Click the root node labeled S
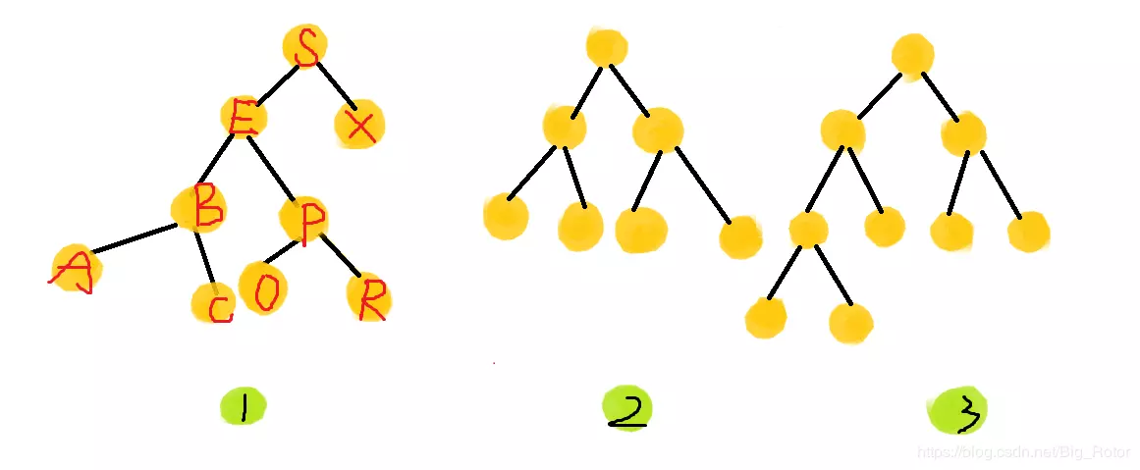pyautogui.click(x=305, y=47)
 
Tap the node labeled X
pyautogui.click(x=359, y=126)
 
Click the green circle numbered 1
pyautogui.click(x=244, y=405)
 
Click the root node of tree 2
pyautogui.click(x=606, y=47)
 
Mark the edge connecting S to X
pyautogui.click(x=334, y=85)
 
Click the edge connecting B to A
pyautogui.click(x=134, y=240)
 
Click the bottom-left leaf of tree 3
pyautogui.click(x=766, y=318)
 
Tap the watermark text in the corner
pyautogui.click(x=1020, y=451)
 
